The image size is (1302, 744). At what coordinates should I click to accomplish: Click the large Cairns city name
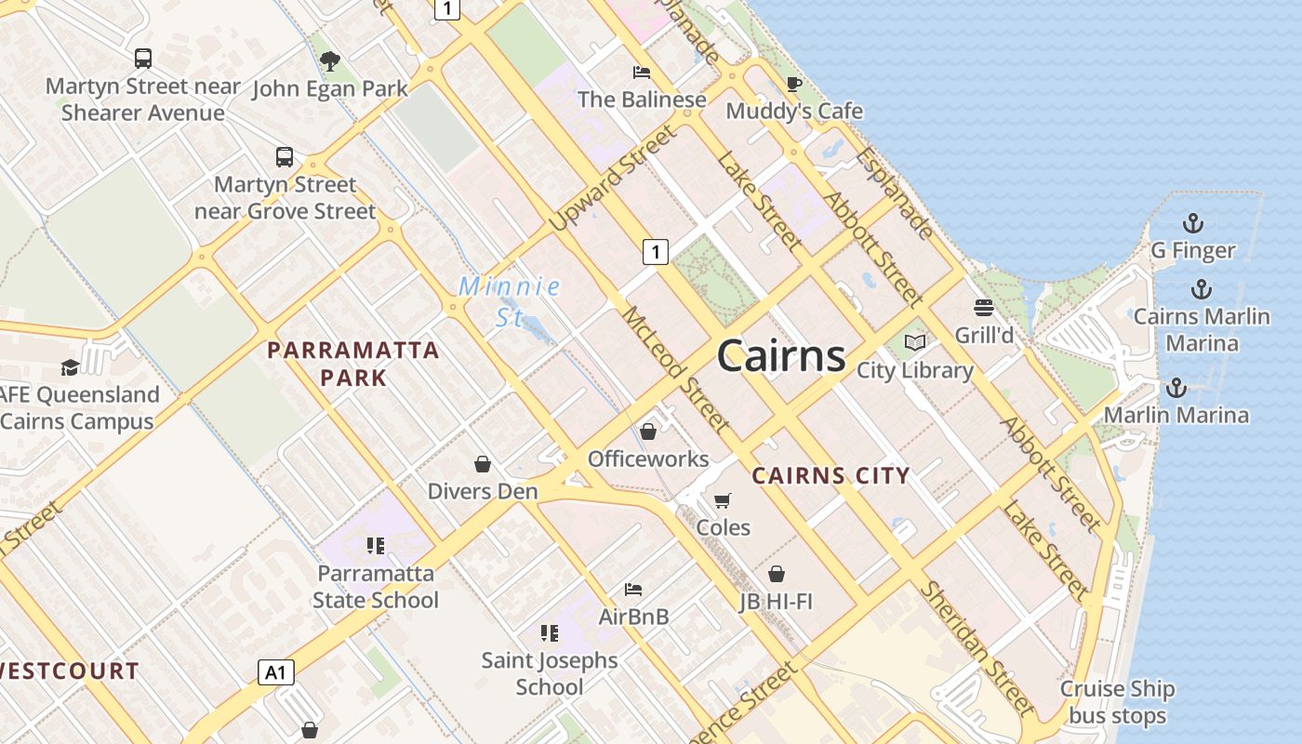781,355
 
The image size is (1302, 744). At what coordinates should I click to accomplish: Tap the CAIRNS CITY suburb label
830,476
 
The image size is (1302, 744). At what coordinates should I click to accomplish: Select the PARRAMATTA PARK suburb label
353,364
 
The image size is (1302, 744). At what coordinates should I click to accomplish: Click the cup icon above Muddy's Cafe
793,85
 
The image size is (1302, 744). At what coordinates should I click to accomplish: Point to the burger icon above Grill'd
984,307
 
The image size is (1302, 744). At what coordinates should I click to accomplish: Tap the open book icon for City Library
915,343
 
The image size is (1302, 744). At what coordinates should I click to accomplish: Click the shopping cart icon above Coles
723,500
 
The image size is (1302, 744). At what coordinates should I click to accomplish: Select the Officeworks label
648,459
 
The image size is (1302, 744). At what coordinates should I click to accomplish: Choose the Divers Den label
483,491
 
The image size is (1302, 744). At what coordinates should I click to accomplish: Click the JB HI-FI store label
777,602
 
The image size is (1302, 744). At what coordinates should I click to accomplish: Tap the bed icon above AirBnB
633,589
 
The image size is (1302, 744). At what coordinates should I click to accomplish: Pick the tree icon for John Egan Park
329,61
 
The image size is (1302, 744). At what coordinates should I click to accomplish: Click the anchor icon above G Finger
1192,223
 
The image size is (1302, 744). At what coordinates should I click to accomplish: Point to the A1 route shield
276,672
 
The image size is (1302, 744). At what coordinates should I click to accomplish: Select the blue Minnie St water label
510,301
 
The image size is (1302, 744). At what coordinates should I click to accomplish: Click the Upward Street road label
613,179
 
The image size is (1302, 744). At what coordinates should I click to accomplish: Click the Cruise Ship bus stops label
1117,703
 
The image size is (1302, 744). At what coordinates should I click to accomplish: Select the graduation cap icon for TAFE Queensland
70,367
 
